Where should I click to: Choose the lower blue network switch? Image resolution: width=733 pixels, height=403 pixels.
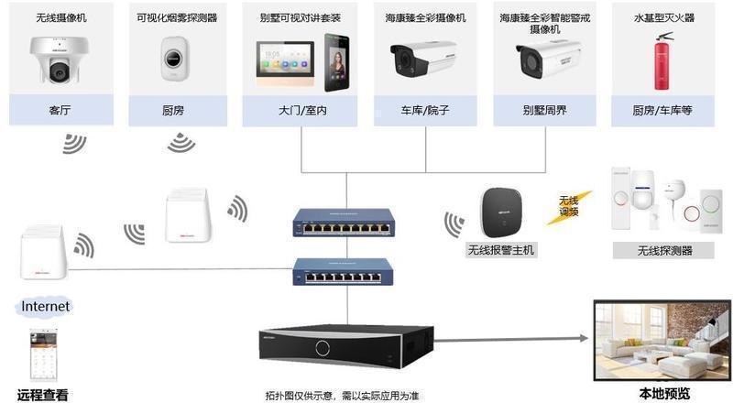(x=341, y=271)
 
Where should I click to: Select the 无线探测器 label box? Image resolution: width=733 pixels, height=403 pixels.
(x=664, y=250)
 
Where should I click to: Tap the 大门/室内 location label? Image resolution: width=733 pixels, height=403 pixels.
(x=301, y=111)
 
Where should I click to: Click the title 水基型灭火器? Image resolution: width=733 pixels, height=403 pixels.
(x=662, y=17)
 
